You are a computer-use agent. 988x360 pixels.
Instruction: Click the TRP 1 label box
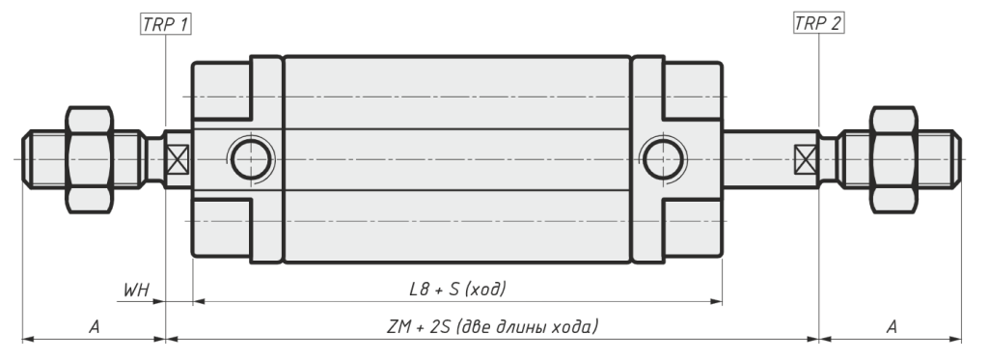click(x=165, y=24)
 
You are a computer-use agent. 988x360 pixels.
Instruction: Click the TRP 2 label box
click(x=818, y=24)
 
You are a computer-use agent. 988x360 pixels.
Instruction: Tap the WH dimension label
click(x=136, y=290)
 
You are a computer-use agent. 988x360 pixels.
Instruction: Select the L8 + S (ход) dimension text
click(x=457, y=290)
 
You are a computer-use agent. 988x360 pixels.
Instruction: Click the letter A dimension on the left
click(x=95, y=326)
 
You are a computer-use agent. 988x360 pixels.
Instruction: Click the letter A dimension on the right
click(x=892, y=326)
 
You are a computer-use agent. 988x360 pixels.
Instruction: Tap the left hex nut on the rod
click(x=90, y=159)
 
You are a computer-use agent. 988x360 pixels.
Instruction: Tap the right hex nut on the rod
click(x=893, y=159)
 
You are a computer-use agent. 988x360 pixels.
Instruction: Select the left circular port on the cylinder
click(x=251, y=159)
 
